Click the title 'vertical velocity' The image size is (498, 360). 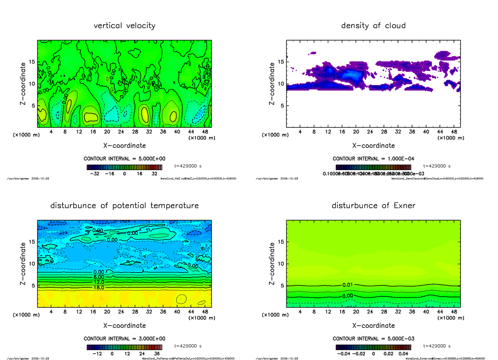(x=124, y=26)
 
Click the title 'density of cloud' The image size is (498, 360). (x=373, y=26)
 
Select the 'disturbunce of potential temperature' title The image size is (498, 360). (x=124, y=206)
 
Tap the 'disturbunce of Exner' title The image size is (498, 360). (x=373, y=206)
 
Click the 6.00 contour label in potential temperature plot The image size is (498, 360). (x=98, y=277)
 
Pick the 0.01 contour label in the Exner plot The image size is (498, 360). (x=347, y=285)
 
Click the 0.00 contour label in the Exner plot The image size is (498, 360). (x=347, y=296)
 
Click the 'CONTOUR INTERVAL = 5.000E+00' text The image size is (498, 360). (x=124, y=159)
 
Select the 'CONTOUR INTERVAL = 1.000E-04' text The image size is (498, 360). (x=373, y=159)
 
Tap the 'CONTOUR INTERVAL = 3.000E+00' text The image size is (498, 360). (x=124, y=338)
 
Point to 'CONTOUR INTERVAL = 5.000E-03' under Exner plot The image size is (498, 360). (x=373, y=338)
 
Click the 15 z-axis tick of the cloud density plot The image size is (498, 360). (x=281, y=62)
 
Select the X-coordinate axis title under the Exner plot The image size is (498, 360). (x=373, y=326)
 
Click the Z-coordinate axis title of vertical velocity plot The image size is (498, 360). (x=24, y=83)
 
